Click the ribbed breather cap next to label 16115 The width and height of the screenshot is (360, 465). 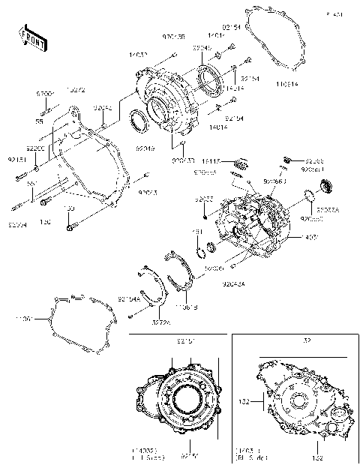click(241, 163)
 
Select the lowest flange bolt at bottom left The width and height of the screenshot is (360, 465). click(70, 224)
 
